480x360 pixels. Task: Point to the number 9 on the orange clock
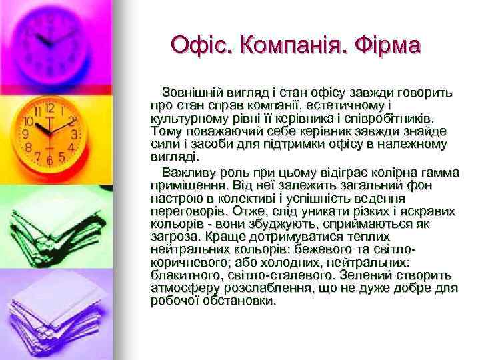pos(27,133)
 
